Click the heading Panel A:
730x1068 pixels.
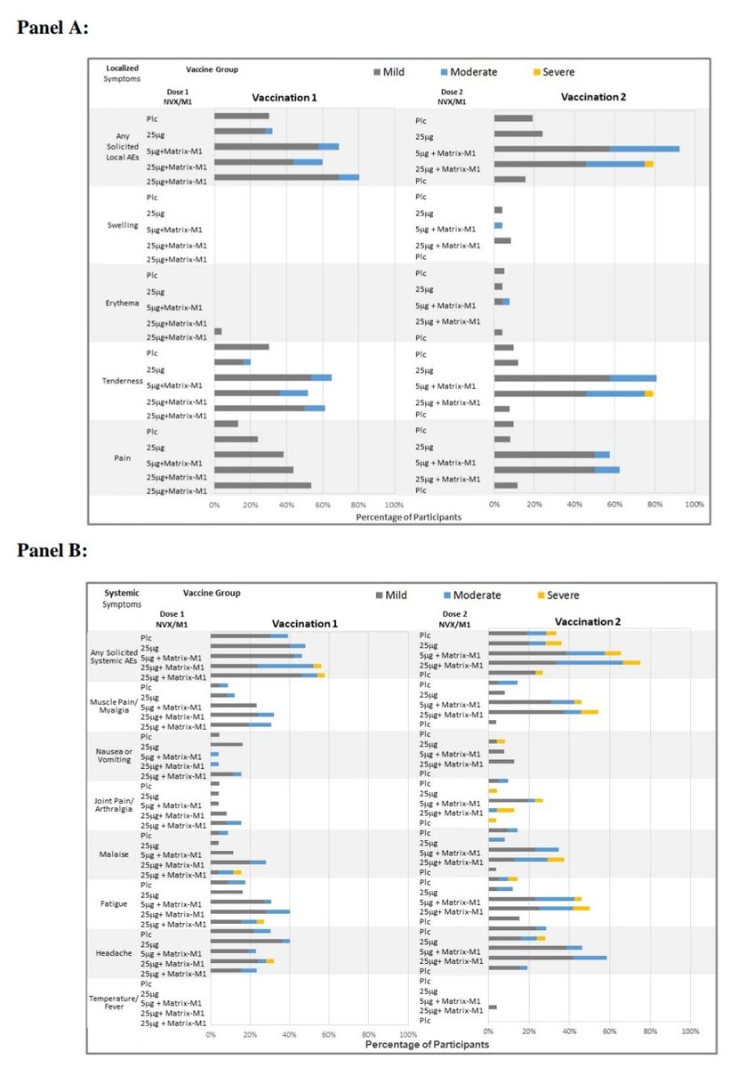click(53, 28)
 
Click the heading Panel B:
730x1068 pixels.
click(52, 551)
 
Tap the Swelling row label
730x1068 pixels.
click(123, 225)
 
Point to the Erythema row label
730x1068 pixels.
click(122, 303)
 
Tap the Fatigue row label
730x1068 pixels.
click(116, 904)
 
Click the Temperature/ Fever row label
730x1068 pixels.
click(113, 1003)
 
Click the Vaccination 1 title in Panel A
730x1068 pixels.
click(284, 97)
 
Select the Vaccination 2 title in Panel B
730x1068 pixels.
click(588, 621)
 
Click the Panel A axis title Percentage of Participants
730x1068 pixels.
click(408, 516)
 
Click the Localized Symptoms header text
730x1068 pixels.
click(122, 73)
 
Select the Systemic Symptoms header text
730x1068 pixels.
click(122, 598)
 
